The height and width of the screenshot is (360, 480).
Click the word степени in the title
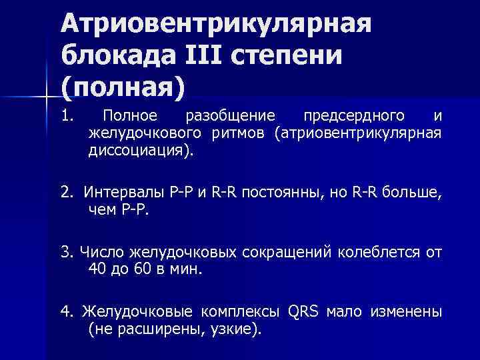point(287,56)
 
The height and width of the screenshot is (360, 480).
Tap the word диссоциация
point(137,150)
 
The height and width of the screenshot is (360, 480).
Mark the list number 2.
point(65,195)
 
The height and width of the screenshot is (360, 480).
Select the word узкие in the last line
point(227,329)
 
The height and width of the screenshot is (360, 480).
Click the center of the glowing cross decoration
point(45,98)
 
